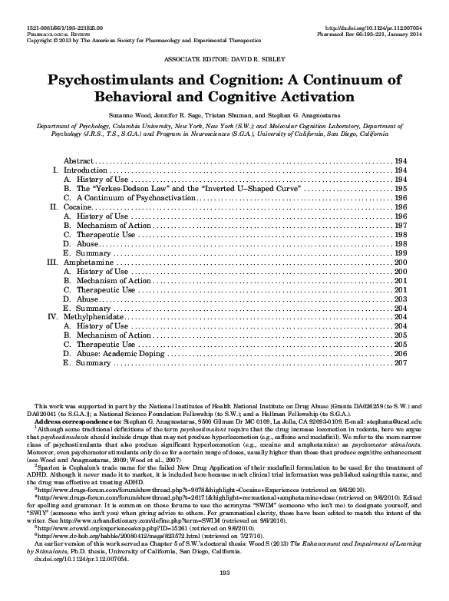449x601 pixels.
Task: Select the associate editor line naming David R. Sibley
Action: point(224,58)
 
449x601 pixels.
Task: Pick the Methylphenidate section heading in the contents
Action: point(93,316)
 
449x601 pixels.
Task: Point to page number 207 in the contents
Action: point(399,363)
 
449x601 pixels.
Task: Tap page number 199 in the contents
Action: point(399,253)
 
